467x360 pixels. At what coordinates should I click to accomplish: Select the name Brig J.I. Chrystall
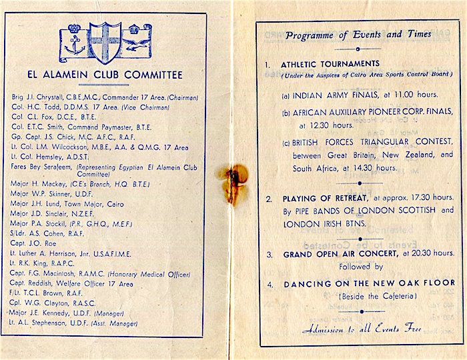click(x=41, y=97)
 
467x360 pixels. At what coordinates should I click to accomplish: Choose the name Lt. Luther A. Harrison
click(x=53, y=254)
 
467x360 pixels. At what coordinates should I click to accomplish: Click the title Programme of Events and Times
click(x=358, y=35)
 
